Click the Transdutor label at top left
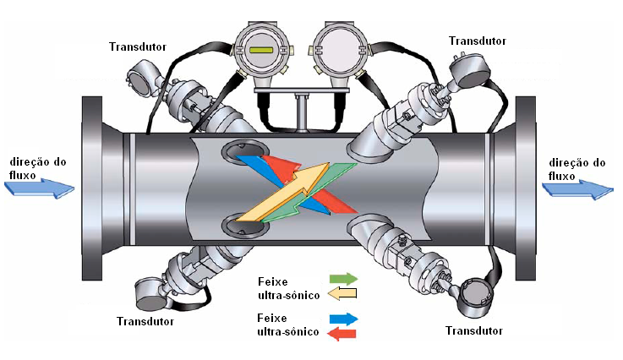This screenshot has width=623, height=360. [138, 46]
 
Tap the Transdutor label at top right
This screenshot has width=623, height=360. [478, 41]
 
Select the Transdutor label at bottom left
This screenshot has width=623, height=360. [145, 321]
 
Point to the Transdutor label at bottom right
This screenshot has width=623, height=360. [474, 330]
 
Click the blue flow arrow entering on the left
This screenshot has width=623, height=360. [40, 188]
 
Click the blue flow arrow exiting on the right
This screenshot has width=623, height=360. [578, 190]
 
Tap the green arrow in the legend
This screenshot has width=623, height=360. [344, 279]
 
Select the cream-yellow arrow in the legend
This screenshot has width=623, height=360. [342, 293]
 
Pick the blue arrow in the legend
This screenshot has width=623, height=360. [344, 319]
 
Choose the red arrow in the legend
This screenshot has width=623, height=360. [342, 334]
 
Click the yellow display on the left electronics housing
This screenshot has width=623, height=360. [260, 50]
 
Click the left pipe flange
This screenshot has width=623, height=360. [92, 188]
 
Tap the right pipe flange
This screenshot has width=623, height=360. [525, 188]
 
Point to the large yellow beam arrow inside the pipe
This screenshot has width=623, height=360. [283, 192]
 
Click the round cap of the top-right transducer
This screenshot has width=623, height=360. [470, 72]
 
